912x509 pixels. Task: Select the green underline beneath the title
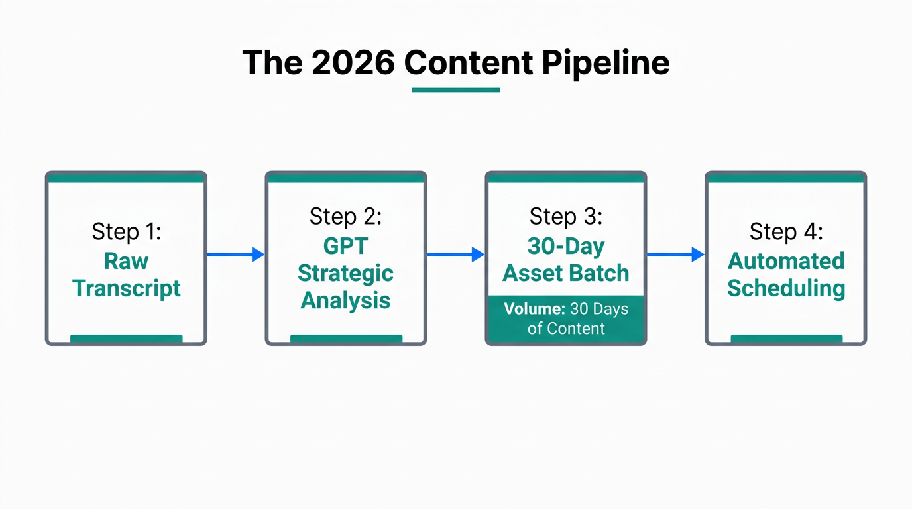[456, 90]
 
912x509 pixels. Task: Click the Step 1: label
[126, 231]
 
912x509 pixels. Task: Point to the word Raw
[126, 260]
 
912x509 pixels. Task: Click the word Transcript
[126, 288]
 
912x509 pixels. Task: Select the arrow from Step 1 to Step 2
[235, 254]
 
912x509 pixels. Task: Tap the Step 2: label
[345, 216]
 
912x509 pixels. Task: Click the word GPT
[345, 245]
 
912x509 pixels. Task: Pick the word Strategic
[345, 273]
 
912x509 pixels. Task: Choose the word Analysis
[345, 300]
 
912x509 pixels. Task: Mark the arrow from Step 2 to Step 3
[455, 254]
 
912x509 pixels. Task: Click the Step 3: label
[565, 216]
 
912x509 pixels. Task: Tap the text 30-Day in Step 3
[565, 247]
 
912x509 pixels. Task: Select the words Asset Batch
[565, 274]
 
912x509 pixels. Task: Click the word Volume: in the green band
[534, 309]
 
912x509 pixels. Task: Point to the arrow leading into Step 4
[675, 254]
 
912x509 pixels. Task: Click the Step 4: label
[786, 231]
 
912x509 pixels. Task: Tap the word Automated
[786, 260]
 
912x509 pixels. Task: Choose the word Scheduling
[786, 288]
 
